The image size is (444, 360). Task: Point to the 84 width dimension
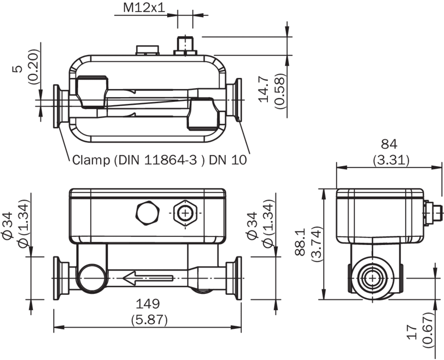[x=390, y=143]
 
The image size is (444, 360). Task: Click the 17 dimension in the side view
[x=413, y=331]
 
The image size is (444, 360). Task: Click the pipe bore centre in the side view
[x=373, y=278]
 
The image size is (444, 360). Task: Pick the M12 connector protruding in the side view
[x=434, y=212]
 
